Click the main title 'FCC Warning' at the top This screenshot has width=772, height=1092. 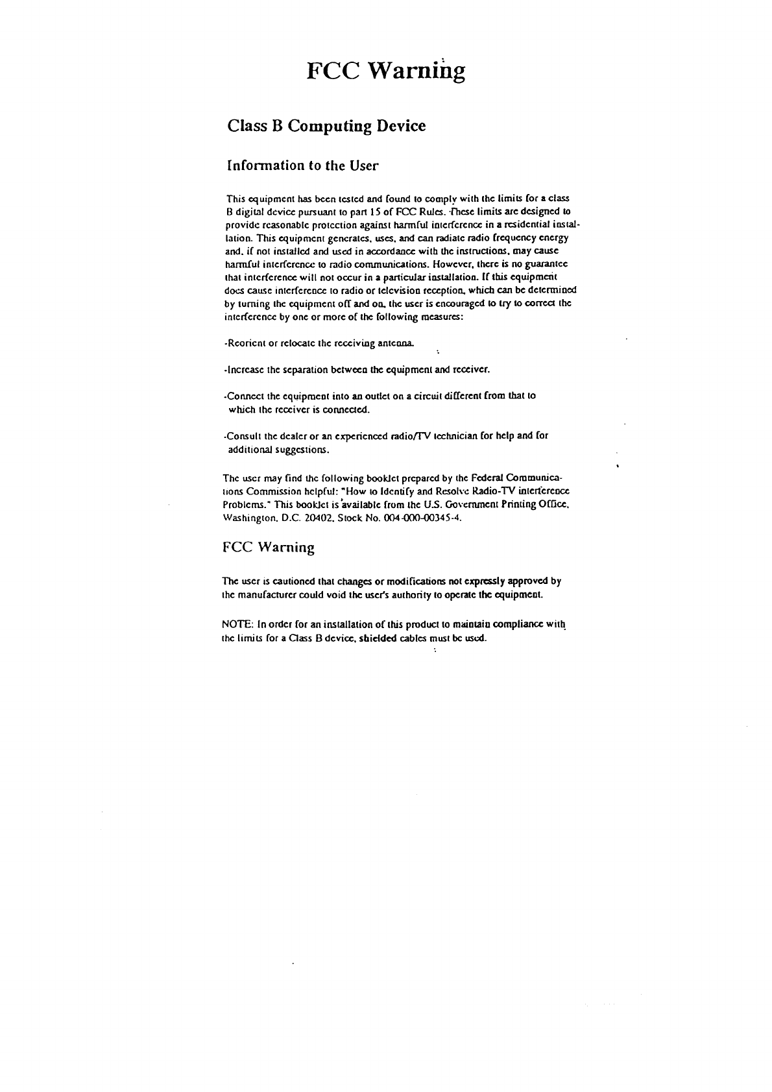pyautogui.click(x=385, y=71)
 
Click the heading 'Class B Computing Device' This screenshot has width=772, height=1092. pyautogui.click(x=326, y=126)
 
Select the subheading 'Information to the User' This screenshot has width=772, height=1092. pyautogui.click(x=302, y=165)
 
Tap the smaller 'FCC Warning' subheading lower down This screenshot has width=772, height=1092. pyautogui.click(x=269, y=548)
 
